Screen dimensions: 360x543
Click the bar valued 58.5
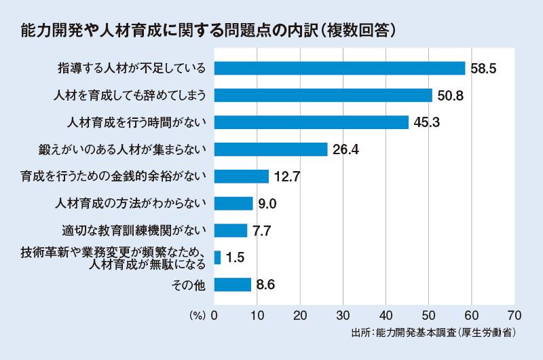[339, 68]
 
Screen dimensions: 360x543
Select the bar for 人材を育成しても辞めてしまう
[323, 95]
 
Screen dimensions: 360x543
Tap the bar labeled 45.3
[312, 122]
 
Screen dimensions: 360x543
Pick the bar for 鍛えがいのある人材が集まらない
[271, 149]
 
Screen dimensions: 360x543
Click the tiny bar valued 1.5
[217, 257]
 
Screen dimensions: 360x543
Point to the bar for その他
[233, 285]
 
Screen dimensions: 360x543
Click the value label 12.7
[287, 177]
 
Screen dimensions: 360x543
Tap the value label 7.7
[261, 230]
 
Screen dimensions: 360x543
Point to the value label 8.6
[266, 285]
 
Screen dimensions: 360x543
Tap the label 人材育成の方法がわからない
[132, 203]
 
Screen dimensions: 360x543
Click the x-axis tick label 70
[514, 315]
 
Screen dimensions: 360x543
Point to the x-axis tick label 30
[343, 315]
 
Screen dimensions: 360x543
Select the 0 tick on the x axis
[214, 315]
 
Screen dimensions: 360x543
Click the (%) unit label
[197, 315]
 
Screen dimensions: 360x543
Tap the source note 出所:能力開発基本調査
[434, 334]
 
